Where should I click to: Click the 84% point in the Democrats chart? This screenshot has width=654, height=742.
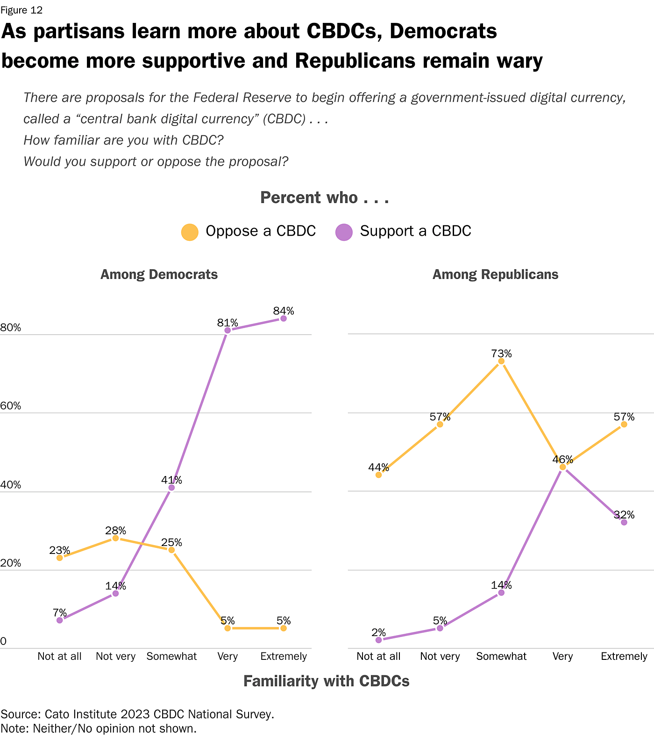283,318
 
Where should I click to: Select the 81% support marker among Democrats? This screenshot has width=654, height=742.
227,330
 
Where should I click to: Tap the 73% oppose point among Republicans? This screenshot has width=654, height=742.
501,361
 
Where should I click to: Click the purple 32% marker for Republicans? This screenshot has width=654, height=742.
624,522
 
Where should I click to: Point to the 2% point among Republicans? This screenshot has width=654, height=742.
378,640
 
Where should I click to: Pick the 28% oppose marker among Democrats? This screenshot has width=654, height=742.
115,538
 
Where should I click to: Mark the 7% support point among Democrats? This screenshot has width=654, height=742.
59,620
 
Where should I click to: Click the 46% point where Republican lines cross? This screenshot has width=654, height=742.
562,467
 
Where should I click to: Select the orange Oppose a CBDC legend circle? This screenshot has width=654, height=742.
190,232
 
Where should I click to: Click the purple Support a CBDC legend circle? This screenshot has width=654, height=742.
344,232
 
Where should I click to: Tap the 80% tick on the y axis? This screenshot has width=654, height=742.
11,328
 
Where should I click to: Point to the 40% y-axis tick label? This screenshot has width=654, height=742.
11,485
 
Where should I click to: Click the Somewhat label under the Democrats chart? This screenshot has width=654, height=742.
171,656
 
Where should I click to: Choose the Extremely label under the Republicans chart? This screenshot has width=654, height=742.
624,656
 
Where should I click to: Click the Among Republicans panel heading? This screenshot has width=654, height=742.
495,274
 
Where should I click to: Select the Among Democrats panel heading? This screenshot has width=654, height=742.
159,274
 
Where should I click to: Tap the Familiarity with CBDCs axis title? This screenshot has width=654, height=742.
326,681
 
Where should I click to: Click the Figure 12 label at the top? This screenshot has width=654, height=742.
21,10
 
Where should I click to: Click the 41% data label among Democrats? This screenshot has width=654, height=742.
171,480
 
